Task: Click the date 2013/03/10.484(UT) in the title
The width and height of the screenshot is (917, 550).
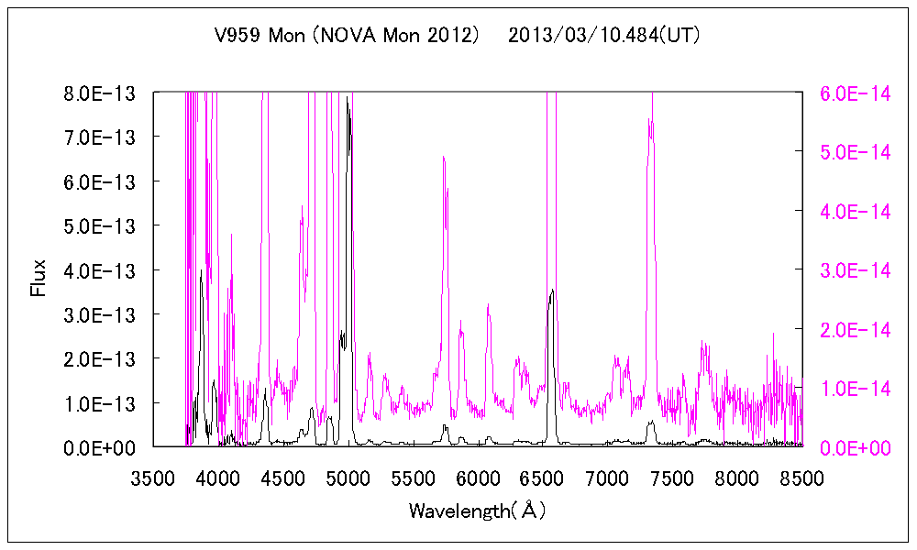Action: coord(604,36)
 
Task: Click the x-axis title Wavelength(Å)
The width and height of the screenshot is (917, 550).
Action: coord(478,511)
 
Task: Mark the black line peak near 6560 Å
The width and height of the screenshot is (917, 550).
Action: coord(552,291)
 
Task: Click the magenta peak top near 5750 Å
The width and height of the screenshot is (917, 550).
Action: coord(444,158)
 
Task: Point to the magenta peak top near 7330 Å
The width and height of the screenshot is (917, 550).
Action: coord(652,121)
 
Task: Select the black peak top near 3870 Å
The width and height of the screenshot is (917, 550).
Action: coord(201,270)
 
